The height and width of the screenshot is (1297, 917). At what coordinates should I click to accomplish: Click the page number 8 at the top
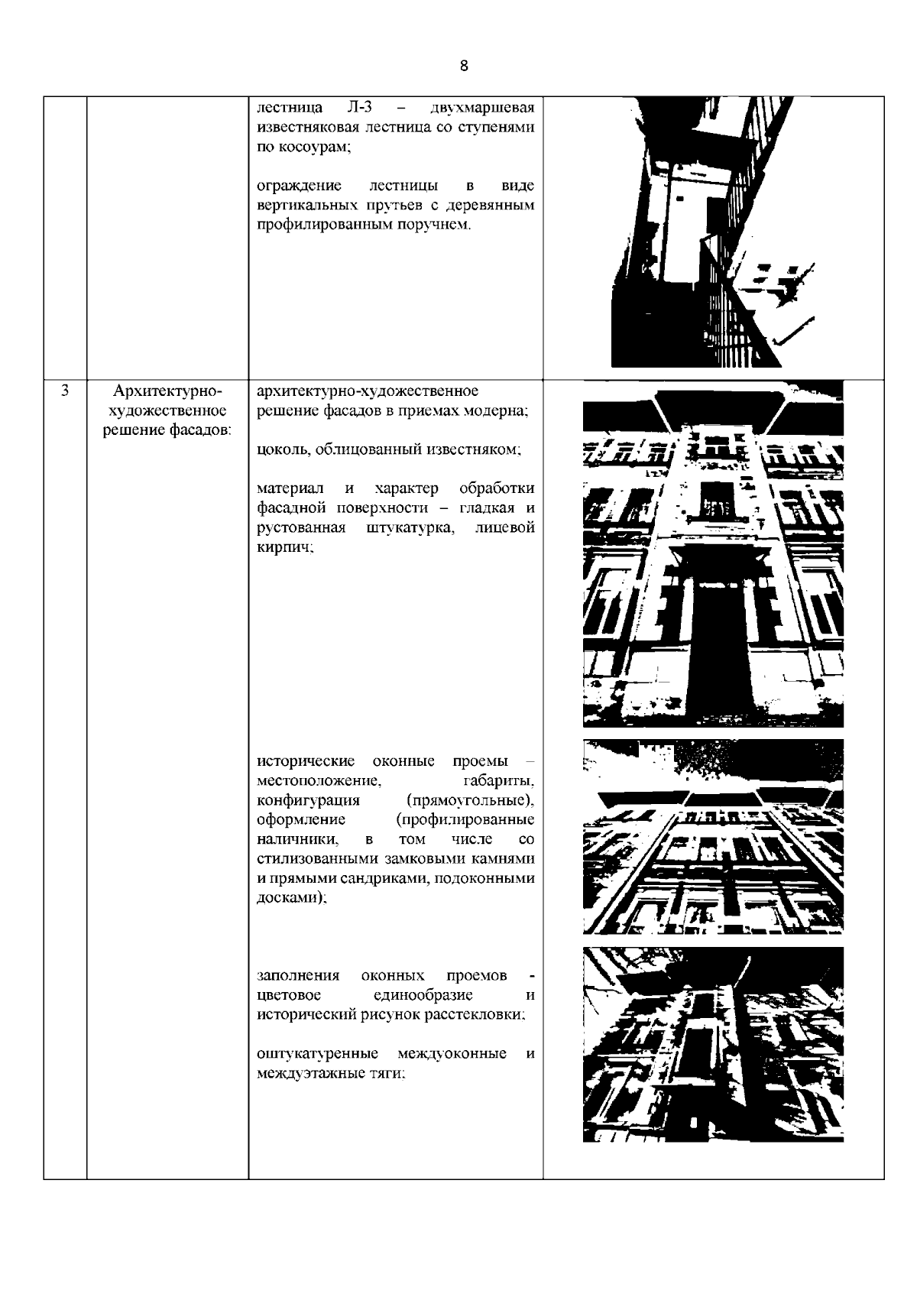(465, 66)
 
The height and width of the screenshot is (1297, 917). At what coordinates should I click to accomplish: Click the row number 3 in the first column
(65, 392)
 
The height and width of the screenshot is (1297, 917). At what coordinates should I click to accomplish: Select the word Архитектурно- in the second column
(167, 392)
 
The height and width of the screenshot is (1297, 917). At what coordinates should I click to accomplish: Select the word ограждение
(299, 186)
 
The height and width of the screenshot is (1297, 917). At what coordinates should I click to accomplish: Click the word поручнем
(433, 225)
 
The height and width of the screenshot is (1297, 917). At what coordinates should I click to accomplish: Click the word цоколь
(279, 449)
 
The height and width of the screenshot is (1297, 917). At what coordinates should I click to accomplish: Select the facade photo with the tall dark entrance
(712, 553)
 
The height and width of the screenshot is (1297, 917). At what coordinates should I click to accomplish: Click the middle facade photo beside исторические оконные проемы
(712, 836)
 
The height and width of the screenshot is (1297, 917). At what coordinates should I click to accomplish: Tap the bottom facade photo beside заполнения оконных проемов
(712, 1044)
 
